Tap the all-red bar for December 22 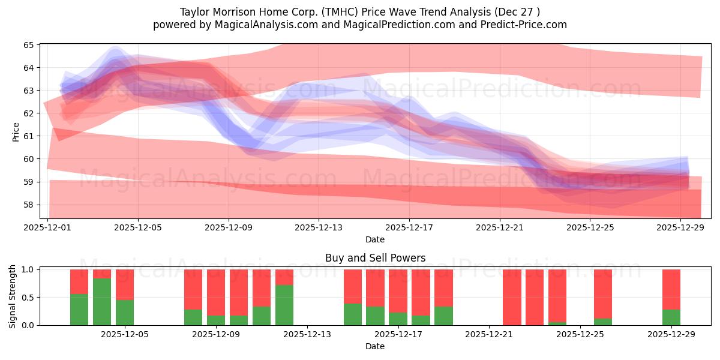(512, 297)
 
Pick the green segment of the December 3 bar (79, 310)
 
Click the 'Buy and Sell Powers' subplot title (375, 258)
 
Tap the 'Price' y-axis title (16, 131)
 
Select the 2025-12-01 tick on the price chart (48, 228)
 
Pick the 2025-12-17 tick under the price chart (409, 228)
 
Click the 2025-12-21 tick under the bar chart (490, 335)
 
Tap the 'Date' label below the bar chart (375, 346)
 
